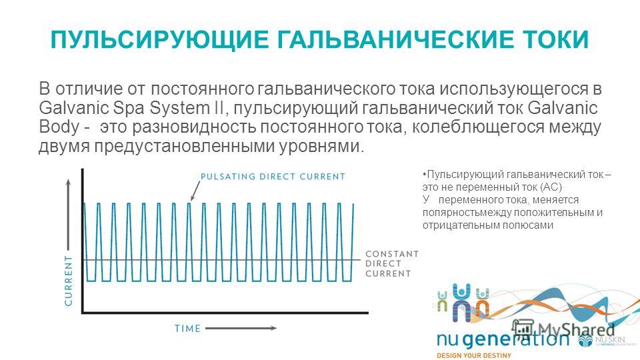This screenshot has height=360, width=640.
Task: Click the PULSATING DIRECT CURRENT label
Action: pos(273,177)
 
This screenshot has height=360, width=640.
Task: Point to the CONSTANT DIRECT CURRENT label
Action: pos(392,264)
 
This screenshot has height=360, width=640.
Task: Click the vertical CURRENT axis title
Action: pos(68,281)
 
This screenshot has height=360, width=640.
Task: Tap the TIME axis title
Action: pos(188,329)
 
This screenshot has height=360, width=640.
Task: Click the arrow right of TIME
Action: pos(241,328)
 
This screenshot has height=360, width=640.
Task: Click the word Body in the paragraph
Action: pos(59,127)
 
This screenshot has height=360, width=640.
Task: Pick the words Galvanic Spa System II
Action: pos(131,108)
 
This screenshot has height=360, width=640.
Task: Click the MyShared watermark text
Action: pos(576,329)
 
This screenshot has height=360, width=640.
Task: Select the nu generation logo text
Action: pos(503,339)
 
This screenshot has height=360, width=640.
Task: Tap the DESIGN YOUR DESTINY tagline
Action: pos(473,355)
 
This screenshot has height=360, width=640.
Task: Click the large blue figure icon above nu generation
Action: pos(461,302)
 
